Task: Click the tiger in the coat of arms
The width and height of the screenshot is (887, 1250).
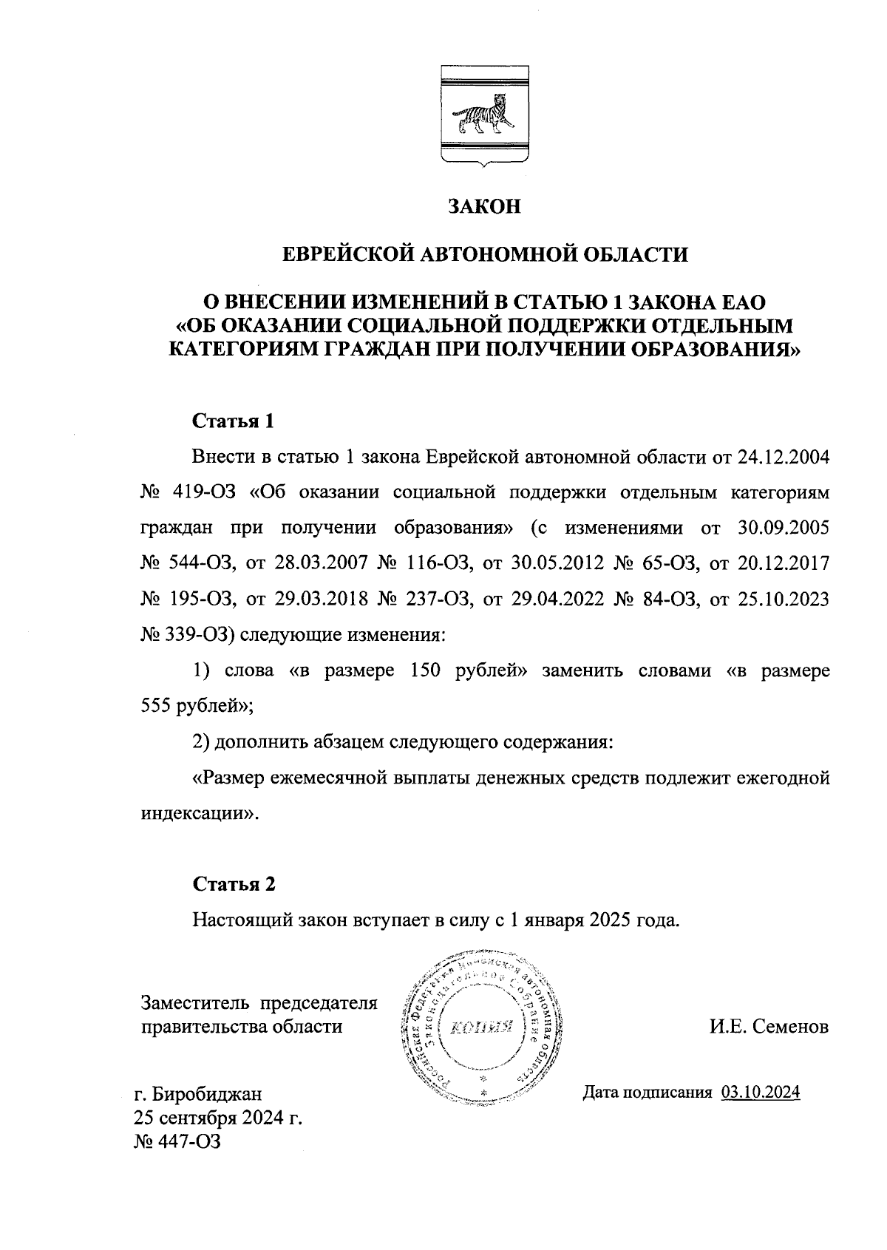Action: point(484,118)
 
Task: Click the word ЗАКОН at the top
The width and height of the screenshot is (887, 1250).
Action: point(485,206)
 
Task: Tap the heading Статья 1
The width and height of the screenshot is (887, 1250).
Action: point(234,421)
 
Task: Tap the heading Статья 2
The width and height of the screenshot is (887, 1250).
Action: point(234,884)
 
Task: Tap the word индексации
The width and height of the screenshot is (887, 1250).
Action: point(194,813)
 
